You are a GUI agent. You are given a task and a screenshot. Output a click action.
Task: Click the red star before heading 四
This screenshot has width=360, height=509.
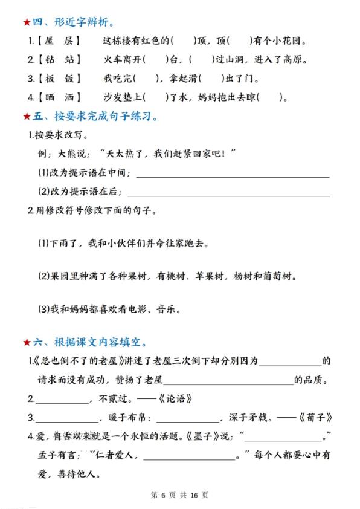coord(27,22)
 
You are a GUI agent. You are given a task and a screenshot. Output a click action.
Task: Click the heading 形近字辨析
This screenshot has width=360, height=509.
coord(80,22)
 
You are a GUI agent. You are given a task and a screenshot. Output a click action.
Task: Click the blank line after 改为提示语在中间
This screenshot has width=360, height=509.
coord(233,176)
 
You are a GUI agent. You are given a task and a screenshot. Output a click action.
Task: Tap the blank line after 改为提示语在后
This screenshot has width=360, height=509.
coord(229,194)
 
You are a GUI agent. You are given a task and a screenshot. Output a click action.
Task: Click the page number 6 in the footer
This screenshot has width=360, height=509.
coord(162,495)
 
